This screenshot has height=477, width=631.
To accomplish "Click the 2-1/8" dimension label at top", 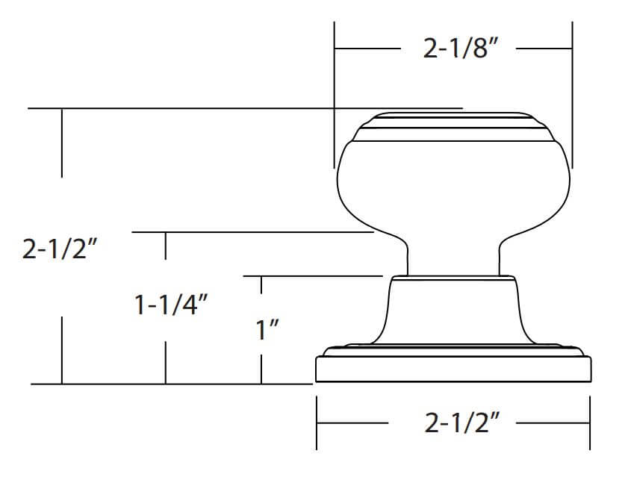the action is click(x=461, y=49).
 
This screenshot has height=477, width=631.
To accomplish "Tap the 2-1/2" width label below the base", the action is click(x=461, y=423).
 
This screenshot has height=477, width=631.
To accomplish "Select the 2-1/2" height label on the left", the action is click(x=60, y=249).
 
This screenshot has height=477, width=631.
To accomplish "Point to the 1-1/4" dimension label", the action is click(x=171, y=305).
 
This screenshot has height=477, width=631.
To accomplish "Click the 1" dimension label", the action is click(x=267, y=330).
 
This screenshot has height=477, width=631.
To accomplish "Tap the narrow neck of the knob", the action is click(x=453, y=258).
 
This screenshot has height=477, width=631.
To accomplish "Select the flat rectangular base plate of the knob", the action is click(x=453, y=370).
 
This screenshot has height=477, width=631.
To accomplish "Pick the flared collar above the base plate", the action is click(x=453, y=311).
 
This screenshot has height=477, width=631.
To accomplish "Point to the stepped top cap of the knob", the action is click(x=453, y=127).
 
